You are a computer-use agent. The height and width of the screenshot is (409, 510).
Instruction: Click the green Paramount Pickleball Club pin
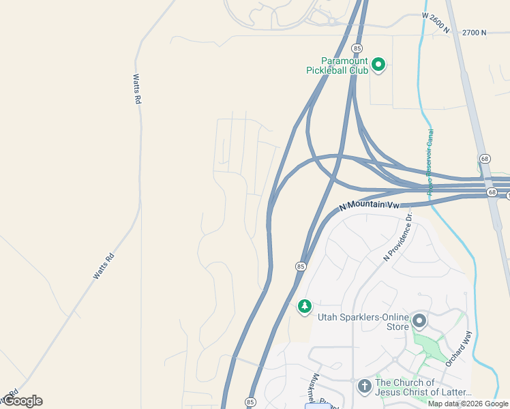point(378,65)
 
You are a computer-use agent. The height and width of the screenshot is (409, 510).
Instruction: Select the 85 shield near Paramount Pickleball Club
point(357,48)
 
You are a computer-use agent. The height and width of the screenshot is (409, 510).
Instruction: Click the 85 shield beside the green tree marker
point(301,266)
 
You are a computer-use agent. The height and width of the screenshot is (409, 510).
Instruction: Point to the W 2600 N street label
point(436,22)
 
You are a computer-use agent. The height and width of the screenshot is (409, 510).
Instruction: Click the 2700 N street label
point(475,32)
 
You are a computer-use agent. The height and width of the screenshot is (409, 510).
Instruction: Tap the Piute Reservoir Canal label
point(430,163)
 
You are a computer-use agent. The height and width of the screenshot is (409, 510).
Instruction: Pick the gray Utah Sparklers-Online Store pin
point(419,320)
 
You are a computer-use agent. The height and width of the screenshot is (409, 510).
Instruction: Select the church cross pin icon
point(365,387)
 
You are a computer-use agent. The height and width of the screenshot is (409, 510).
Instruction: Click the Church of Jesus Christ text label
point(423,387)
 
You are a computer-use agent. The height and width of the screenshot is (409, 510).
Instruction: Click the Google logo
point(22,401)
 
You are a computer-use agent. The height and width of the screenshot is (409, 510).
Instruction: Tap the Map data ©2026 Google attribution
point(468,404)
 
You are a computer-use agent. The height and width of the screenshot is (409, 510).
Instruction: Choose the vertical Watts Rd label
point(137,89)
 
